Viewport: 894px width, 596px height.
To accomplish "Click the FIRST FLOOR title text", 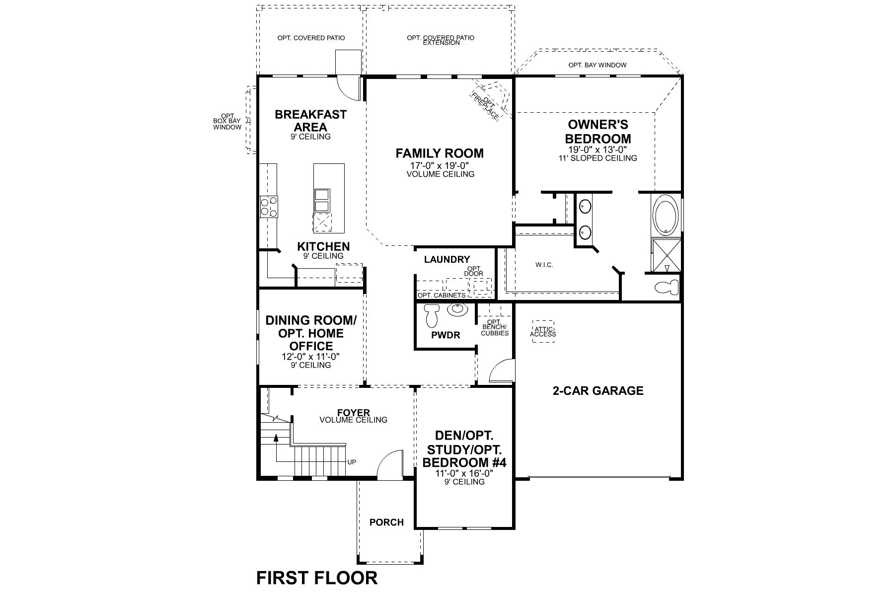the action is click(x=317, y=578).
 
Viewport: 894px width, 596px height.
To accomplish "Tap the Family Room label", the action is click(x=440, y=153).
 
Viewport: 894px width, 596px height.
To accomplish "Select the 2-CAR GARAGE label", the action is click(x=598, y=391).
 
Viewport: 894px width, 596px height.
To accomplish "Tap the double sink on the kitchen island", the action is click(x=321, y=201).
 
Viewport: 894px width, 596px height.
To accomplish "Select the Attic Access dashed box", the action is click(x=543, y=331).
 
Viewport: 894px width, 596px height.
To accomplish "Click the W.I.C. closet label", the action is click(x=544, y=265).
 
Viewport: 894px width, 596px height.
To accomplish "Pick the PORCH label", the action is click(x=386, y=522).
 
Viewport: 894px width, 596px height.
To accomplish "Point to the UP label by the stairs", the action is click(x=352, y=462).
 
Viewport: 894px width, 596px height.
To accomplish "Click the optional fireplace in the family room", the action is click(x=490, y=101).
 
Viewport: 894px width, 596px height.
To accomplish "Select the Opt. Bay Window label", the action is click(x=597, y=65).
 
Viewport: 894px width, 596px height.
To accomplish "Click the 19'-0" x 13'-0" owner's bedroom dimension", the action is click(x=598, y=149).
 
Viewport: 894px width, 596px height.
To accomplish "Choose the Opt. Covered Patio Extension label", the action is click(x=441, y=40).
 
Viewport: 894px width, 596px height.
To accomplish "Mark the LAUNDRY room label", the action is click(x=447, y=259).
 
